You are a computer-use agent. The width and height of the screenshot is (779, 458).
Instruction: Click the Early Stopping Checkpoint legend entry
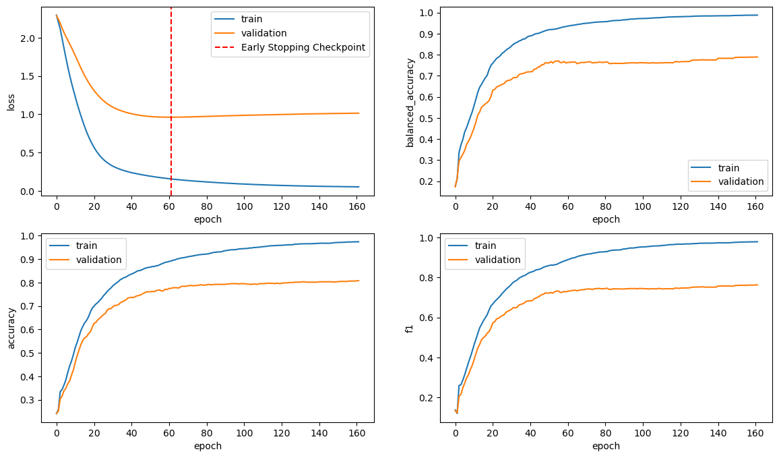point(303,47)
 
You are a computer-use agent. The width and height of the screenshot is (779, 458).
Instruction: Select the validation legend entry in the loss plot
point(263,33)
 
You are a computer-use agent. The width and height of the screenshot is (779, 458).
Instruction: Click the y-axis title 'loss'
point(11,102)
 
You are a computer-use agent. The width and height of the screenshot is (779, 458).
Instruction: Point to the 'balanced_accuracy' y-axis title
point(410,102)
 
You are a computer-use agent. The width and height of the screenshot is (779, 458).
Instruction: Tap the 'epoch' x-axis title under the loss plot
point(208,219)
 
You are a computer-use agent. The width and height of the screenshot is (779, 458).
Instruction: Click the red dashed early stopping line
point(171,135)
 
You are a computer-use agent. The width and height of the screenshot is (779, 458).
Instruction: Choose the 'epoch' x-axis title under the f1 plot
point(606,446)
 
